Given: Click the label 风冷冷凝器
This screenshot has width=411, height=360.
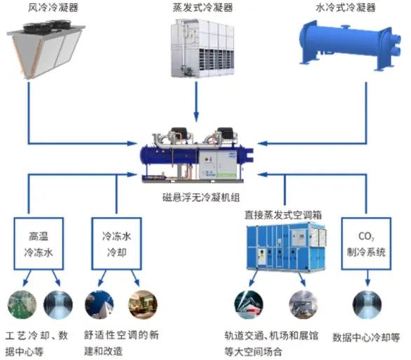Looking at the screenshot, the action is click(53, 7).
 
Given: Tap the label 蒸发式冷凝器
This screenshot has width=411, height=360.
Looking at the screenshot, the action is click(203, 7).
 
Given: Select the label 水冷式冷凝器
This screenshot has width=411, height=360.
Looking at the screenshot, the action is click(346, 7).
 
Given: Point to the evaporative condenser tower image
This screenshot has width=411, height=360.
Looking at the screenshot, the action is click(203, 48).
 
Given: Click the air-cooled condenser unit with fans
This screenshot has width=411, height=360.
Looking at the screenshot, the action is click(46, 49).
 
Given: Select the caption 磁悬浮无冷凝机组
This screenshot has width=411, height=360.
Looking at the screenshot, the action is click(201, 197).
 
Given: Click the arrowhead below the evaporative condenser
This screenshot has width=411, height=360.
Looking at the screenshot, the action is click(196, 116).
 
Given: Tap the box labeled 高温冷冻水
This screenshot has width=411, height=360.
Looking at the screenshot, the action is click(39, 244).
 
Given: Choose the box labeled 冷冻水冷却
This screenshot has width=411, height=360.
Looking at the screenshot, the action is click(116, 244).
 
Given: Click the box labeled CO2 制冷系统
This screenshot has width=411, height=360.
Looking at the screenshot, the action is click(366, 244).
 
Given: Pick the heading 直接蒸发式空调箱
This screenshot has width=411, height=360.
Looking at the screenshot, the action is click(283, 215).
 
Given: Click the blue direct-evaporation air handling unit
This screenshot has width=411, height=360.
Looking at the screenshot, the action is click(286, 246).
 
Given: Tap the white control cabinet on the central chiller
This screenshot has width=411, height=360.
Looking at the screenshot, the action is click(217, 164).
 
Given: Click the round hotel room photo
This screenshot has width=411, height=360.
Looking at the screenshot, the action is click(143, 304).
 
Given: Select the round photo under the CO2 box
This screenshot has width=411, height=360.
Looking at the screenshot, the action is click(367, 304).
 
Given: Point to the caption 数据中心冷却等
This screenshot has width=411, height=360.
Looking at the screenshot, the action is click(366, 337).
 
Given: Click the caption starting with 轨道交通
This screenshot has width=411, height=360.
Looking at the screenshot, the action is click(271, 343).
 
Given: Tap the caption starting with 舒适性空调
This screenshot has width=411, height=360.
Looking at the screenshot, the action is click(121, 343).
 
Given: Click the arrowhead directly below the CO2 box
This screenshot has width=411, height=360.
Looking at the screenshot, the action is click(368, 282).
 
